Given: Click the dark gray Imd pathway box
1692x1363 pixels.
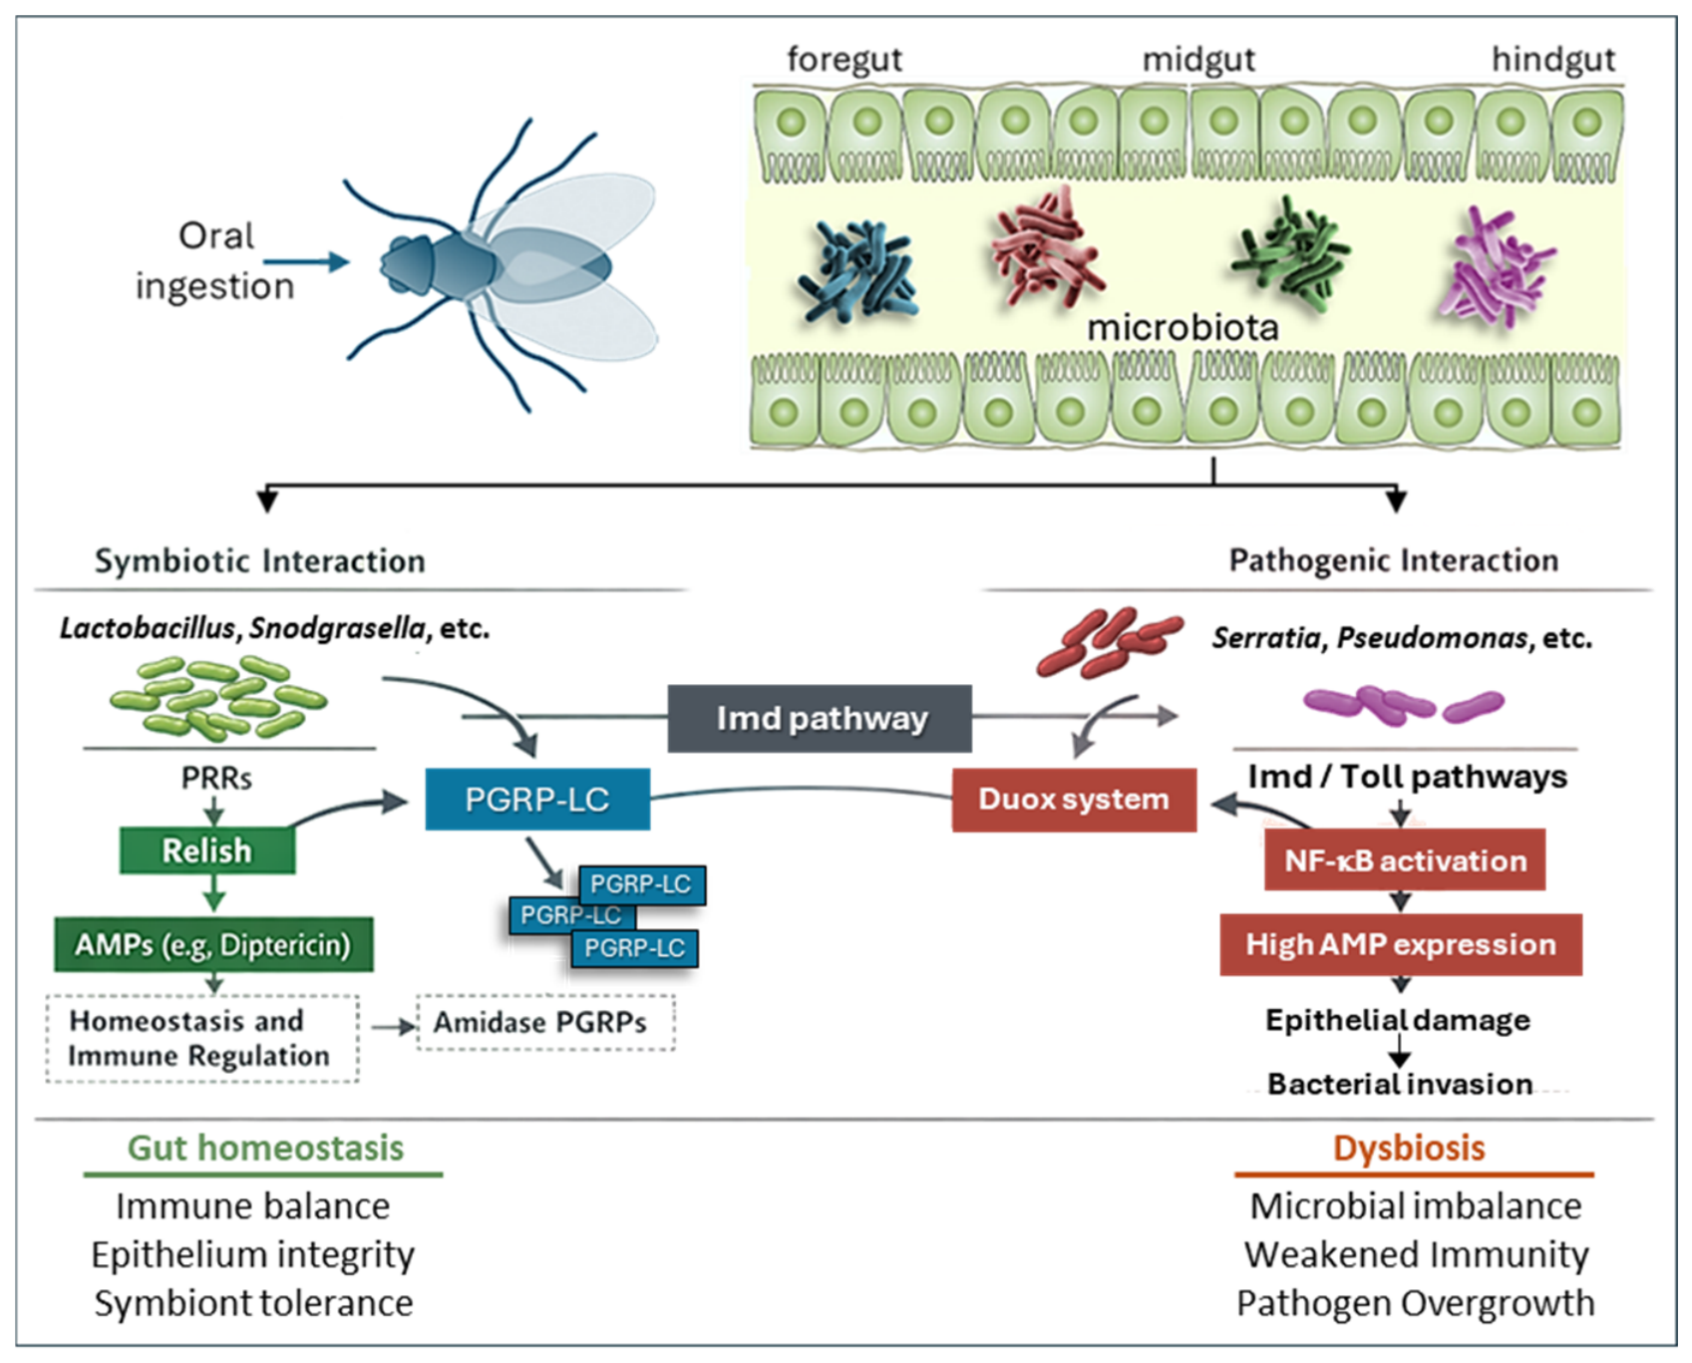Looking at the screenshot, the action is (820, 718).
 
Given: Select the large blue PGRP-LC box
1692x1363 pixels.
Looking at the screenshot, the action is (537, 799).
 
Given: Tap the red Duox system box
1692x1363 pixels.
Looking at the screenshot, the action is (1074, 800).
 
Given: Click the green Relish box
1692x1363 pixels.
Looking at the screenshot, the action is (207, 851).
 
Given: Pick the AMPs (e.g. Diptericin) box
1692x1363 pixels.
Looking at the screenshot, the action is (213, 944).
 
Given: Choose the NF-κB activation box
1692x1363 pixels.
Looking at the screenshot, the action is (1405, 859).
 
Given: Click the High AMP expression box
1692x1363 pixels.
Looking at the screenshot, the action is (1401, 944).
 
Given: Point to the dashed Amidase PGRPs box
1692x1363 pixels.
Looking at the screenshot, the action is (545, 1022).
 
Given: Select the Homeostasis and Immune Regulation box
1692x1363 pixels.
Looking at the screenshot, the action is (202, 1038).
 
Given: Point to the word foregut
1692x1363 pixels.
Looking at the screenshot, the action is (845, 60).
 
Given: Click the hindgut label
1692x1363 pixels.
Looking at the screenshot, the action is (1553, 60).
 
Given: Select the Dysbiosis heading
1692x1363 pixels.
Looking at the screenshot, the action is (1409, 1148).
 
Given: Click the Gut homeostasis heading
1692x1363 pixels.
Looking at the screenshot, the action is (265, 1148).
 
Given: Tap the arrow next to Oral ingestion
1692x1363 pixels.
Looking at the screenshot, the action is (307, 262).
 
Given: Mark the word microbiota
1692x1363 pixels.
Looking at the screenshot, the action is (1183, 327).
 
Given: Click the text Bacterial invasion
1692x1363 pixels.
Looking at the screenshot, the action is (1400, 1084).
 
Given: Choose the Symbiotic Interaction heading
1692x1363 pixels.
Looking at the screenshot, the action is (260, 561).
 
